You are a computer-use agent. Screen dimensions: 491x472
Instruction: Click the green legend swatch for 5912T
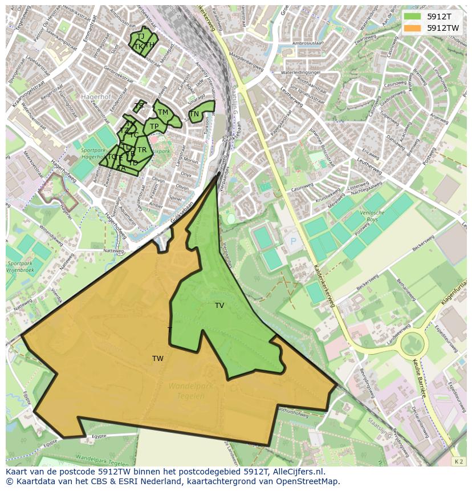coord(412,17)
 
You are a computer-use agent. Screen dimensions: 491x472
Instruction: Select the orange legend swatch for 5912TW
coord(412,28)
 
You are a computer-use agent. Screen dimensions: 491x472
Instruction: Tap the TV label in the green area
coord(219,306)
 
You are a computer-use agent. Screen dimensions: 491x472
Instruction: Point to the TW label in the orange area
coord(158,359)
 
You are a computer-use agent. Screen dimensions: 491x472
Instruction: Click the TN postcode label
coord(194,114)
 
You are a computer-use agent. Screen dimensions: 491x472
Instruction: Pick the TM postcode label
coord(163,112)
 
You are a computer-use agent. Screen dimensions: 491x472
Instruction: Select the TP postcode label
coord(154,127)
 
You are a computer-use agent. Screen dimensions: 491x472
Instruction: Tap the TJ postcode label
coord(140,36)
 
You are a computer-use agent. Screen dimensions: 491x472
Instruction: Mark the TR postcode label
coord(142,150)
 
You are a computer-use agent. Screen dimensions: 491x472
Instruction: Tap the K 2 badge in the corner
coord(458,461)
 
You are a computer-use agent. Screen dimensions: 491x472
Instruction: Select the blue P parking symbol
coord(294,241)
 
